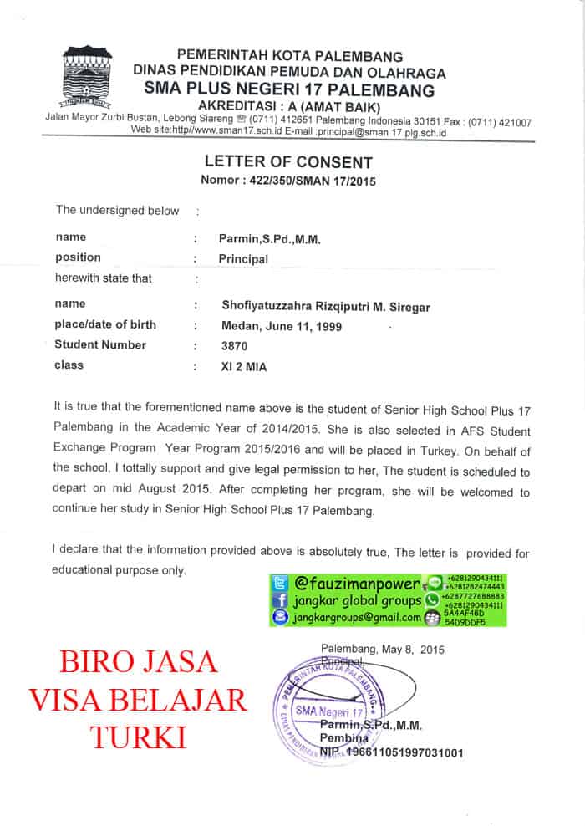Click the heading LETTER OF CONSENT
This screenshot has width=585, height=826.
288,162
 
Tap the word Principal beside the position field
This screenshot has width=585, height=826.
243,259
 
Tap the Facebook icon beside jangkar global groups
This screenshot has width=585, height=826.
280,600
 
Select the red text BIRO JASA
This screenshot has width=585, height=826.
139,662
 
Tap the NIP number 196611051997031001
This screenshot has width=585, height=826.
398,752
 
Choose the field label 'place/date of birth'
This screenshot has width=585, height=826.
105,325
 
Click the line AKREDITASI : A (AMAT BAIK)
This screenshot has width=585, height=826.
288,107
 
